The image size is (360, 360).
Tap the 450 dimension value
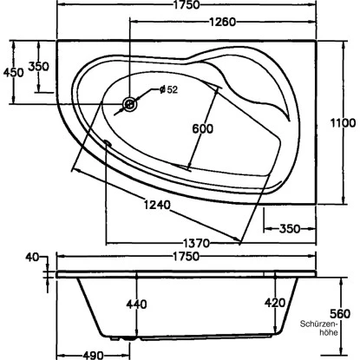point(13,73)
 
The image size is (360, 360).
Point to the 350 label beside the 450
point(38,67)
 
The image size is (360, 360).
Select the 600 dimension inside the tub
point(202,129)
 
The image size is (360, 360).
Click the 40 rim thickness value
point(33,257)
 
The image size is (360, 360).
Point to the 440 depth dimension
point(137,304)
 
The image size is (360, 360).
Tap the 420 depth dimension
point(274,304)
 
